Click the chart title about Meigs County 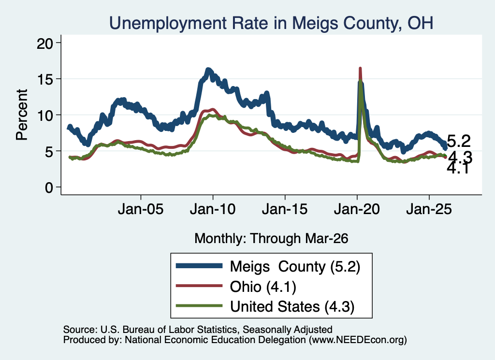click(x=271, y=23)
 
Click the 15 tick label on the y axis click(x=44, y=79)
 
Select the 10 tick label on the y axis click(x=44, y=115)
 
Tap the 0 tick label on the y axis click(x=49, y=187)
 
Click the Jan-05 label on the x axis click(x=141, y=209)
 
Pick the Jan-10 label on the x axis click(x=213, y=209)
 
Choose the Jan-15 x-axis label click(x=285, y=209)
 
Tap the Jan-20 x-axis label click(x=357, y=209)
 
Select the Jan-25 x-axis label click(x=429, y=209)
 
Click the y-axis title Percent click(x=22, y=115)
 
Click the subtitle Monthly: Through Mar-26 click(x=271, y=239)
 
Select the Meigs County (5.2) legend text click(x=295, y=267)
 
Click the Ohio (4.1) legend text click(x=263, y=287)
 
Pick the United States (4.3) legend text click(x=292, y=307)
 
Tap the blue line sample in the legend click(x=199, y=266)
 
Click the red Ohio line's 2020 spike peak click(x=360, y=68)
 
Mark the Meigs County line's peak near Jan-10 click(x=208, y=70)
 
